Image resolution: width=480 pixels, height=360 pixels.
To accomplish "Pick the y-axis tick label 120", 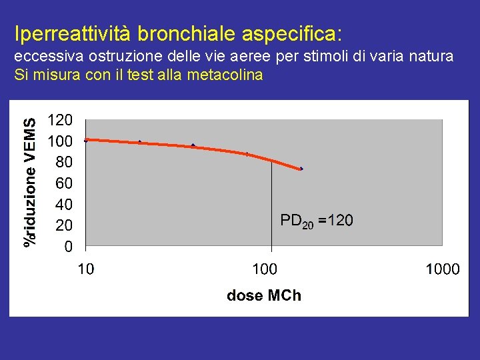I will coord(61,121).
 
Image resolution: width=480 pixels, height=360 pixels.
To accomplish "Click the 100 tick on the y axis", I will coord(61,141).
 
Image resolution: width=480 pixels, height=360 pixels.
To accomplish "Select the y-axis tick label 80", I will coord(64,162).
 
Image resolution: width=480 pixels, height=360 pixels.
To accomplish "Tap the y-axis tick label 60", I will coord(64,183).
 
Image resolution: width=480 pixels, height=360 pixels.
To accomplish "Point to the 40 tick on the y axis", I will coord(64,204).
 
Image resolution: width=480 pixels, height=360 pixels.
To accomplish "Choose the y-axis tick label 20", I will coord(64,225).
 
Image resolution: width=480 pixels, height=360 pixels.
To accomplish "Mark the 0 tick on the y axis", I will coord(68,247).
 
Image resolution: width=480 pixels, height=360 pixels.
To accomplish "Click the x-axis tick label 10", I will coord(85,269).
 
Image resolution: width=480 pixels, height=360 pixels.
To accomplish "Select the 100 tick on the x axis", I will coord(265,269).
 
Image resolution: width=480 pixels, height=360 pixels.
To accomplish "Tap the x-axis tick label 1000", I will coord(442,269).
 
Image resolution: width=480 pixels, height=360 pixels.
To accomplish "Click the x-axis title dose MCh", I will coord(264,295).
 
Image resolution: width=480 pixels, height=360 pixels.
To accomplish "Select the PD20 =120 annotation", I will coord(317,221).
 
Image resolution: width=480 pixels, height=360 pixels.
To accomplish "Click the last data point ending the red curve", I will coord(301,169).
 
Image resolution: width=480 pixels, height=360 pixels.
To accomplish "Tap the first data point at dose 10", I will coord(86,140).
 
